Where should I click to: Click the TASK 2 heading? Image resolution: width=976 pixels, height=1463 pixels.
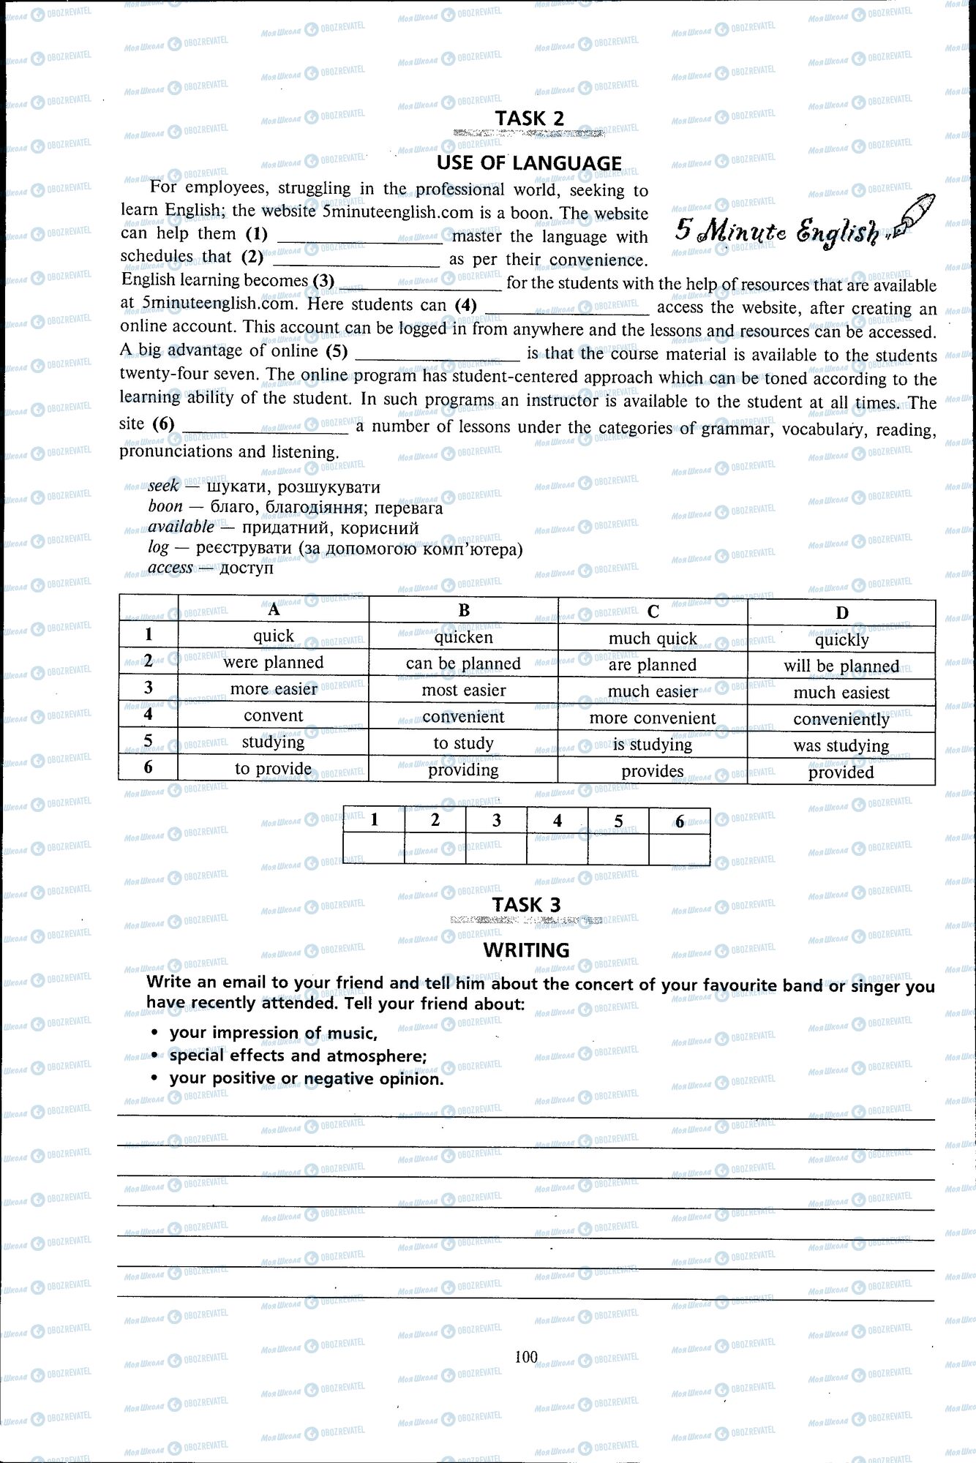(x=529, y=118)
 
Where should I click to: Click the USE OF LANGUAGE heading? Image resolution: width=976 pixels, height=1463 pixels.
(x=529, y=163)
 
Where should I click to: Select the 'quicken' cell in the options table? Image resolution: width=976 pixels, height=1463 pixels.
(x=463, y=637)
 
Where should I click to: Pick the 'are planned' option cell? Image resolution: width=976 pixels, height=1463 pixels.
(x=652, y=665)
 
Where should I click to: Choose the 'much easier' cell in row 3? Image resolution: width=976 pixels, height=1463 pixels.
(x=652, y=691)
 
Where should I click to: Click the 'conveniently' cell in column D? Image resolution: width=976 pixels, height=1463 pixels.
(x=841, y=719)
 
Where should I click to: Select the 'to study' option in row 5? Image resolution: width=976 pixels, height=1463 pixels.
(x=463, y=743)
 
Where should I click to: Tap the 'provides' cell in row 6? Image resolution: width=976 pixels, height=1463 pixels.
(x=652, y=771)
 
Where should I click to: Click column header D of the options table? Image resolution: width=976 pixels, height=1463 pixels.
(x=841, y=613)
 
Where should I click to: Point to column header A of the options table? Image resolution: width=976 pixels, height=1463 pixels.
(x=273, y=609)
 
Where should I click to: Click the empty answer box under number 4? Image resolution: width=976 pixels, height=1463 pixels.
(x=557, y=849)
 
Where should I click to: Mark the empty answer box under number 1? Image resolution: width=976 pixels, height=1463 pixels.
(x=374, y=849)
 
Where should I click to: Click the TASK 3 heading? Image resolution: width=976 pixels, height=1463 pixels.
(x=526, y=905)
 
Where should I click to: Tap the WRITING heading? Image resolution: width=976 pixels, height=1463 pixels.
(x=526, y=950)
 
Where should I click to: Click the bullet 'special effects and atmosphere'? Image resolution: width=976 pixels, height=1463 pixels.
(x=298, y=1056)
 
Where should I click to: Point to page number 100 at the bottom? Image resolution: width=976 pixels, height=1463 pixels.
(x=526, y=1358)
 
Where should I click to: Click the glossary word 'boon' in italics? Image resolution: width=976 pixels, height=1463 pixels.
(x=165, y=506)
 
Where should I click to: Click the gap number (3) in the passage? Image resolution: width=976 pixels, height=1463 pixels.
(x=323, y=281)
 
